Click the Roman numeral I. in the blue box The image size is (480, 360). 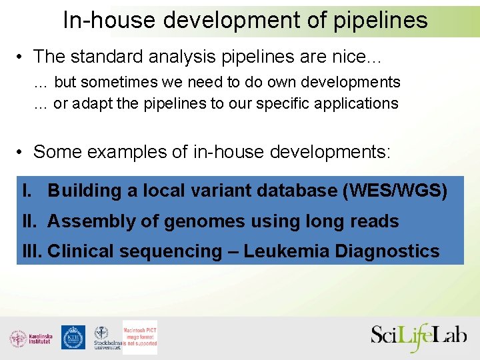click(27, 191)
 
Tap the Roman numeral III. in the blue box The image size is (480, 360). click(31, 251)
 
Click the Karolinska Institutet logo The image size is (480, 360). click(31, 338)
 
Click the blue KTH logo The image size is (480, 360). click(73, 337)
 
